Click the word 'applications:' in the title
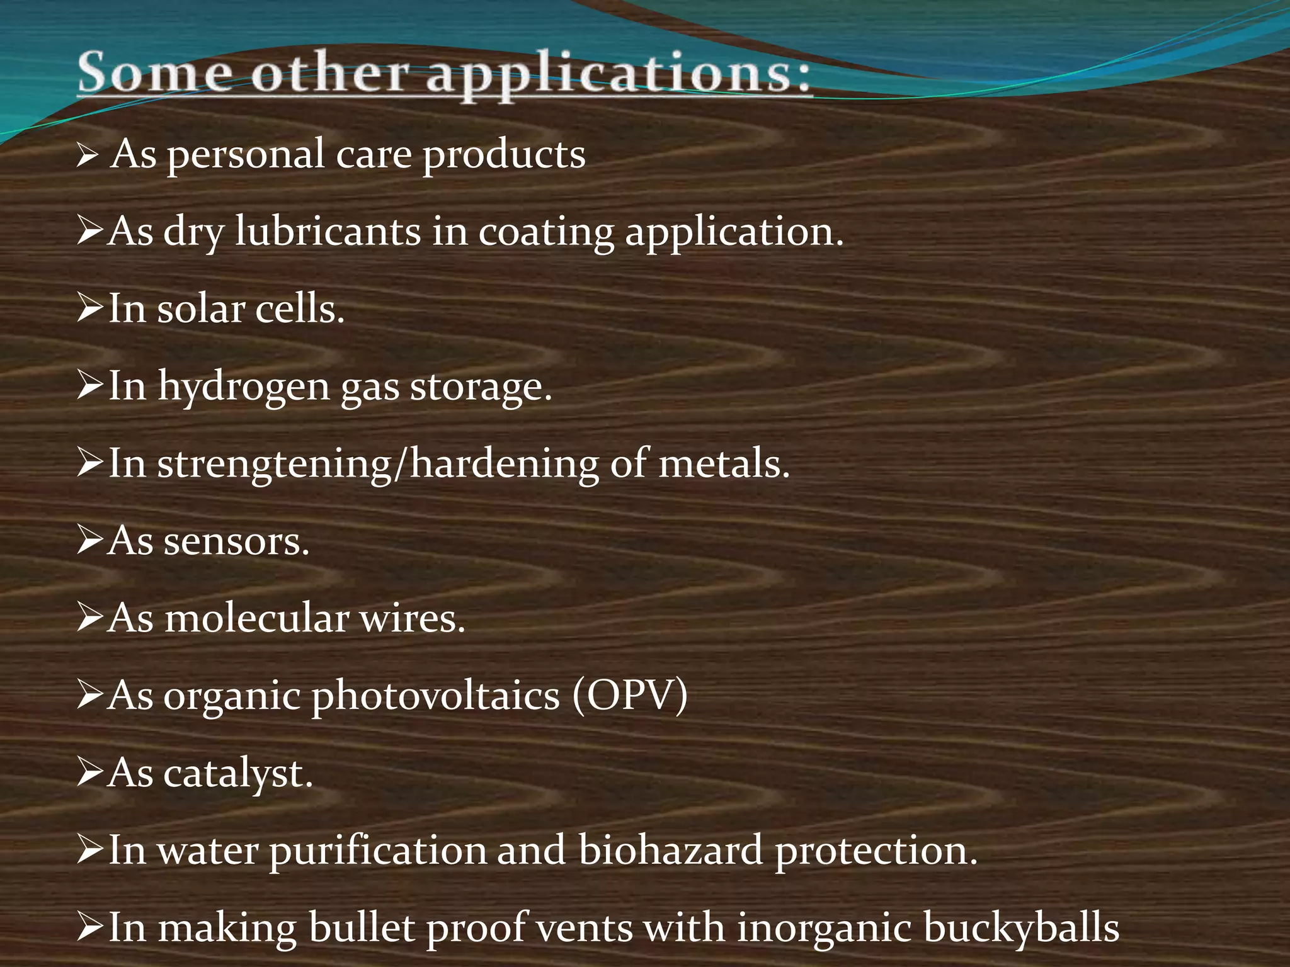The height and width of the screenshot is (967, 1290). click(619, 76)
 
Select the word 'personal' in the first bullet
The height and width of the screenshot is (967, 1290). click(246, 156)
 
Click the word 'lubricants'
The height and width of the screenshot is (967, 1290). click(328, 232)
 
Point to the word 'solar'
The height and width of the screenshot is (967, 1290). click(201, 310)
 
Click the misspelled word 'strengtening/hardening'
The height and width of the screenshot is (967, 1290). click(377, 465)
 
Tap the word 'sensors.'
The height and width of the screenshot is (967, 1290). click(237, 541)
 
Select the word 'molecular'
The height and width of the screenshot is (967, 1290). click(256, 618)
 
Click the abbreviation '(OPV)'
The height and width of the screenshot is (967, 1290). click(630, 696)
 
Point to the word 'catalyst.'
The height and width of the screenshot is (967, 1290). click(238, 774)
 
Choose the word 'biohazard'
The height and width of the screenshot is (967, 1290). click(670, 851)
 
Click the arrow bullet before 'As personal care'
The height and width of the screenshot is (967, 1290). click(86, 155)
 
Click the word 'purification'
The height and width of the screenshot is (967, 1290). click(378, 851)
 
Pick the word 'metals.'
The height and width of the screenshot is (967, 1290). click(724, 464)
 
